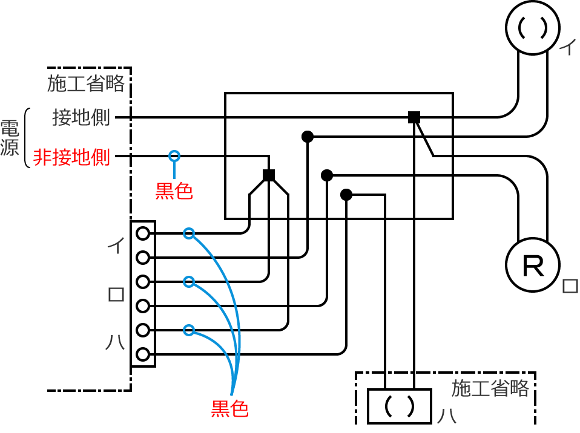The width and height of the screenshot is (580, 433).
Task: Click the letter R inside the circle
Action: click(x=532, y=267)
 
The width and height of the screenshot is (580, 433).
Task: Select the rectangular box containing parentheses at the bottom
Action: click(x=400, y=406)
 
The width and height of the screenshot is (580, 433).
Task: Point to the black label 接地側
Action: click(x=81, y=117)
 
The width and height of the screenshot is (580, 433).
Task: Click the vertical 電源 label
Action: click(x=10, y=138)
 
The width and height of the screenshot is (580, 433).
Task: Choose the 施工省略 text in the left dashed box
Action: click(x=85, y=83)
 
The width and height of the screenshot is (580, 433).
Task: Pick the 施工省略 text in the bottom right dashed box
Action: click(x=490, y=388)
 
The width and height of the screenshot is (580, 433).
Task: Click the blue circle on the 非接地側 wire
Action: click(x=174, y=156)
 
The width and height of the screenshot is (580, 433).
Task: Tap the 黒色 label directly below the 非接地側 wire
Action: click(x=174, y=191)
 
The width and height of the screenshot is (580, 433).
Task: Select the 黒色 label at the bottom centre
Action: click(x=229, y=409)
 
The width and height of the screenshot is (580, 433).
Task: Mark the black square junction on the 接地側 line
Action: click(x=414, y=117)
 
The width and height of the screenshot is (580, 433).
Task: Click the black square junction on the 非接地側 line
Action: click(x=269, y=175)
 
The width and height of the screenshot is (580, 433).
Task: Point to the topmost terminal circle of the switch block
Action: click(x=143, y=233)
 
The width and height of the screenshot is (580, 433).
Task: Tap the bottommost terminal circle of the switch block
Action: click(x=143, y=354)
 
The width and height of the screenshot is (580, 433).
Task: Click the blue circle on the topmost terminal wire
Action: click(x=189, y=233)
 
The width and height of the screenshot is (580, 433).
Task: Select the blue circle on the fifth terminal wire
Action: click(x=189, y=330)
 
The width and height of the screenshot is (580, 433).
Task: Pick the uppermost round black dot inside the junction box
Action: click(x=308, y=137)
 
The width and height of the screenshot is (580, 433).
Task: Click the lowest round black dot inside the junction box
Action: click(x=346, y=195)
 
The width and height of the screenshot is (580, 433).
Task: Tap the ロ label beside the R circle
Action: click(x=570, y=285)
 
